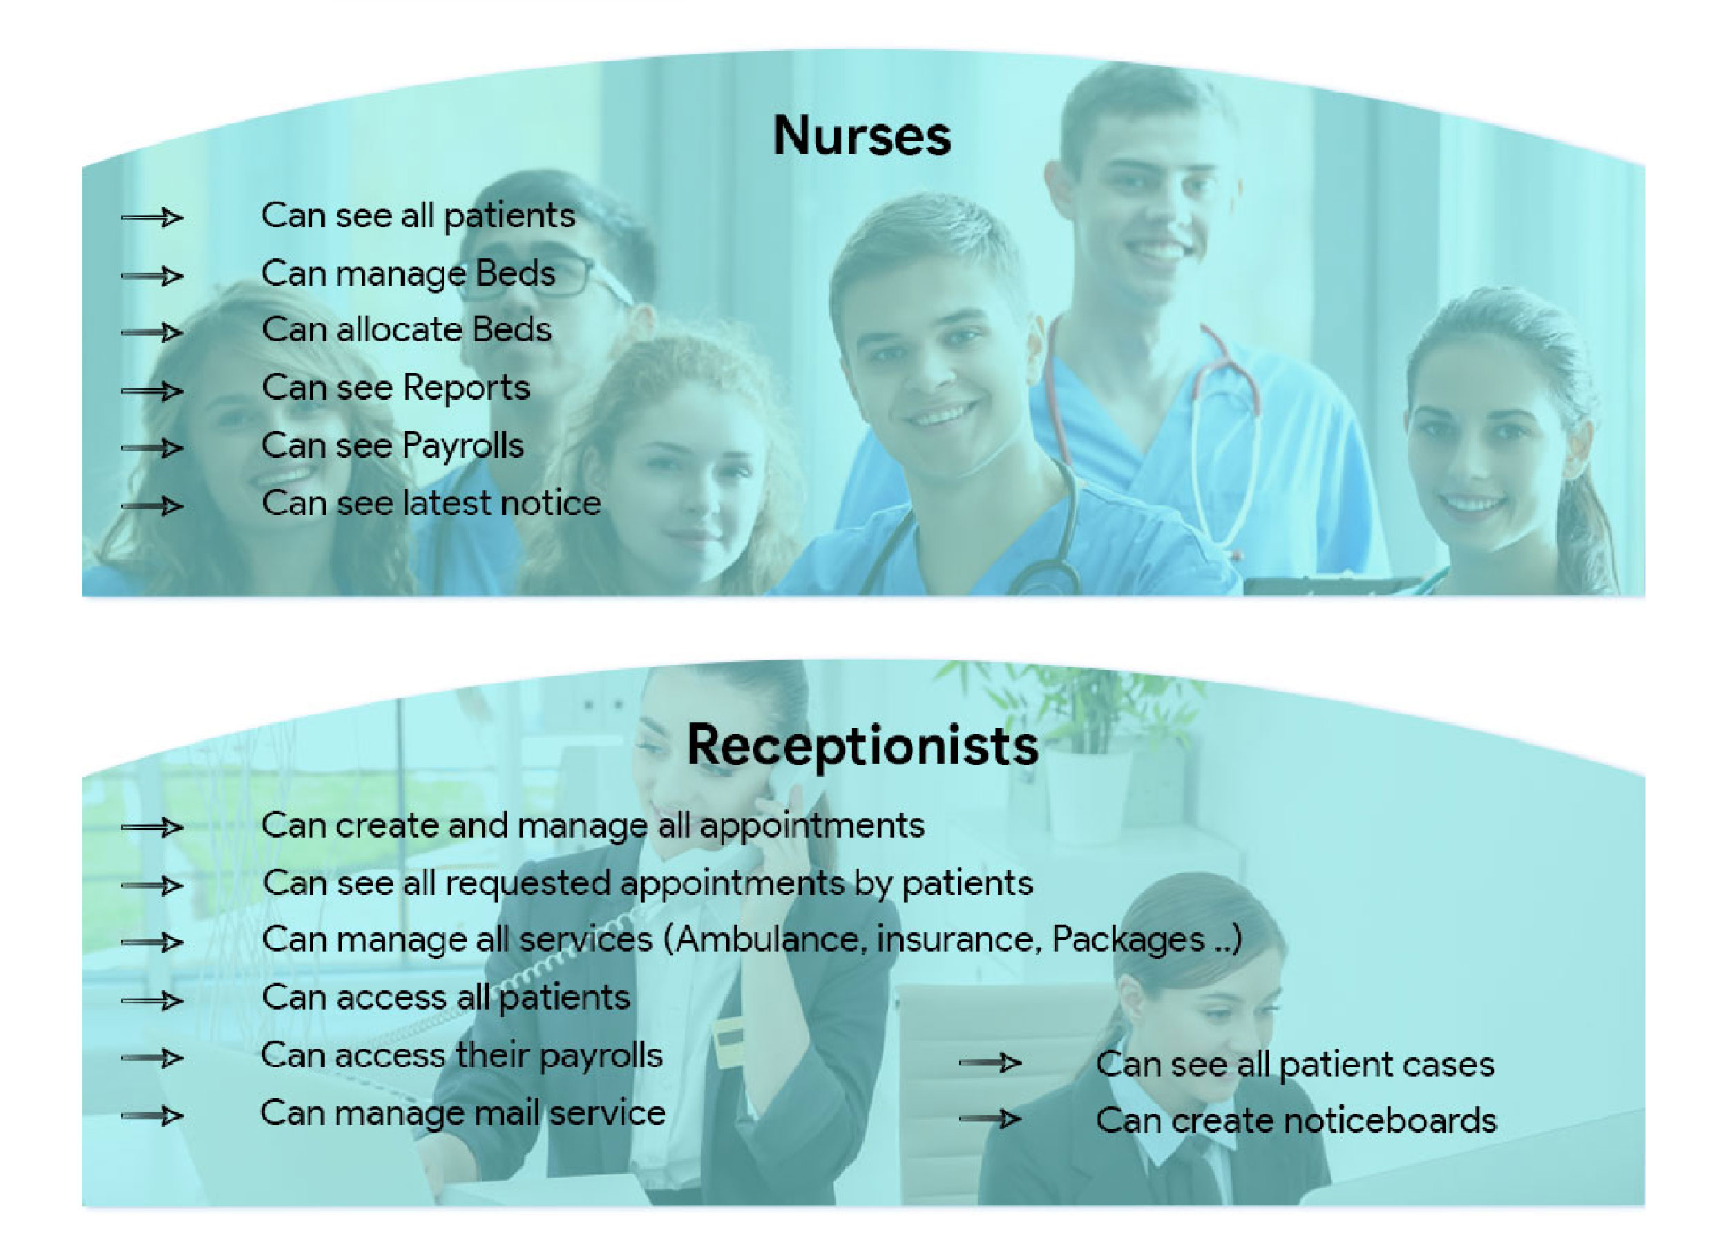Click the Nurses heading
coord(862,135)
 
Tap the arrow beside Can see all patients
coord(151,218)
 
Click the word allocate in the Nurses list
coord(400,329)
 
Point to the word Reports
coord(466,388)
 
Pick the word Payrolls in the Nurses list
coord(462,447)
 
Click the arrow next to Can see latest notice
coord(151,505)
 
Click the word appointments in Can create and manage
coord(812,827)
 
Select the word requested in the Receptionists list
coord(528,884)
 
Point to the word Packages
coord(1127,940)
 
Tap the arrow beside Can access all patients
coord(151,1000)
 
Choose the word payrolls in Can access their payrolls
coord(601,1057)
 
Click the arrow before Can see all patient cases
coord(990,1063)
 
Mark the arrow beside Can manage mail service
coord(151,1116)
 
